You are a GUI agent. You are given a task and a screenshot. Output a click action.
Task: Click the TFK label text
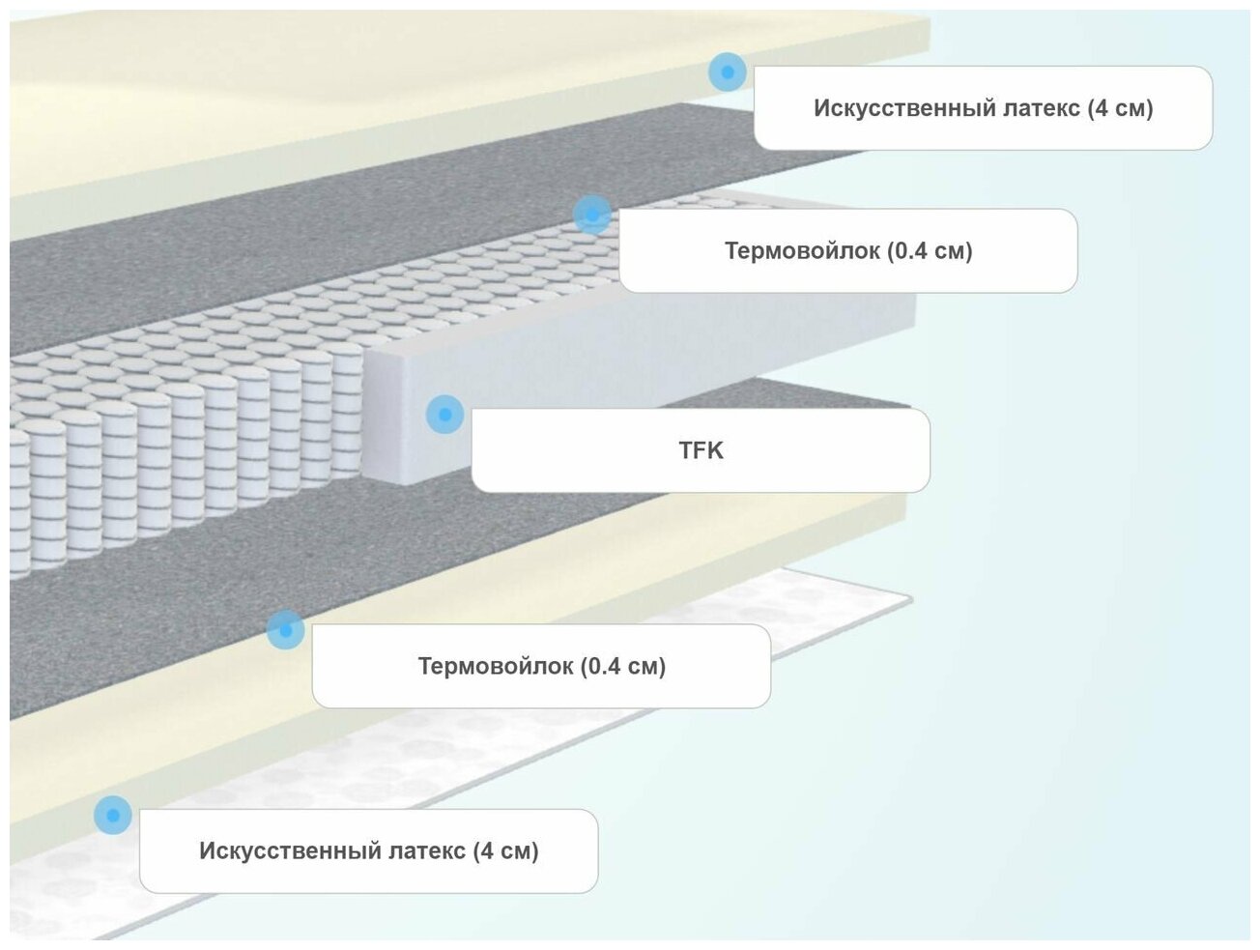point(701,450)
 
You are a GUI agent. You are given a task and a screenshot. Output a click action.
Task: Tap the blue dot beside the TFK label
point(444,415)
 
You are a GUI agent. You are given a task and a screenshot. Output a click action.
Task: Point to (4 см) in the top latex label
point(1120,108)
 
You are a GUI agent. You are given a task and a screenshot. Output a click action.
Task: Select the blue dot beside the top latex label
point(727,72)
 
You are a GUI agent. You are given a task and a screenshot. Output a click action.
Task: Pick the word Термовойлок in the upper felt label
point(802,251)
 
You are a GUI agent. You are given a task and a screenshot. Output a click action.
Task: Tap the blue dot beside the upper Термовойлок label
point(591,215)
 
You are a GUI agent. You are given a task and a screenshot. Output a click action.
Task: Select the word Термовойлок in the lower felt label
point(495,666)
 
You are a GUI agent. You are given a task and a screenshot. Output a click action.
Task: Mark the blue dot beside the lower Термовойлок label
point(285,630)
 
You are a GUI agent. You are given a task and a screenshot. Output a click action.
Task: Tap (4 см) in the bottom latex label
point(505,851)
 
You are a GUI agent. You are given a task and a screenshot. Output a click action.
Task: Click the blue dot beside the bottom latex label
point(113,816)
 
